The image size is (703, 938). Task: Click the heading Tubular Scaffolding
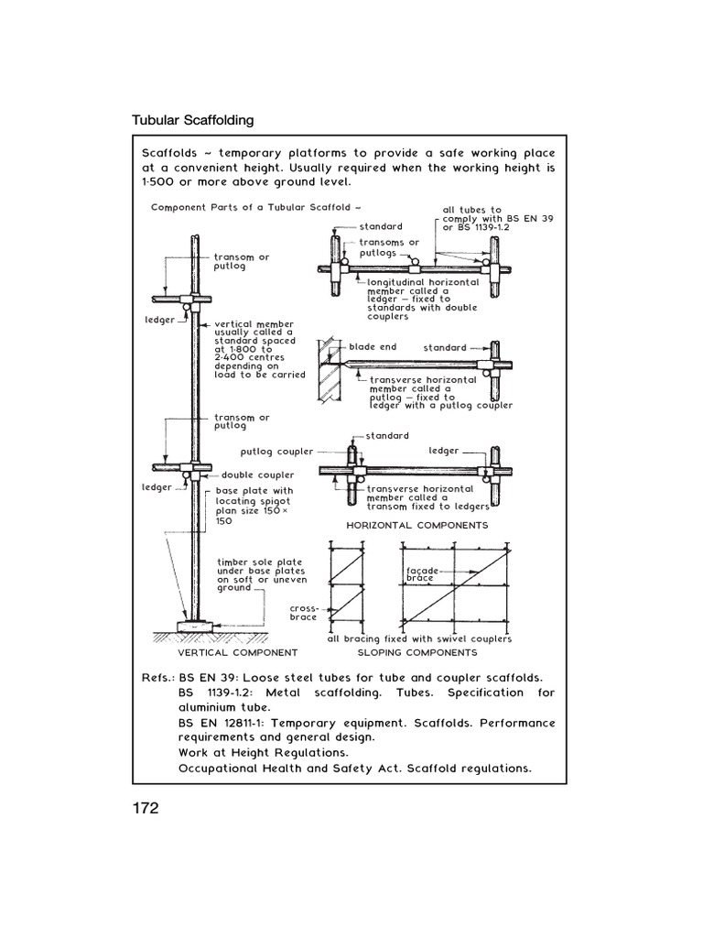point(193,120)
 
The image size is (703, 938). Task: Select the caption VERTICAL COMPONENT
point(237,653)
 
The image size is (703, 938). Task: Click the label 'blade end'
point(372,348)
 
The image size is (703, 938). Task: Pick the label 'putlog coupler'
point(276,452)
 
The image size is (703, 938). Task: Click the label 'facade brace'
point(425,574)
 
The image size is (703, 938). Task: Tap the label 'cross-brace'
point(303,612)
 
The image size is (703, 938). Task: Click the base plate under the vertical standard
point(196,624)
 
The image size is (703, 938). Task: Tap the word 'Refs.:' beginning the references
point(158,677)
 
